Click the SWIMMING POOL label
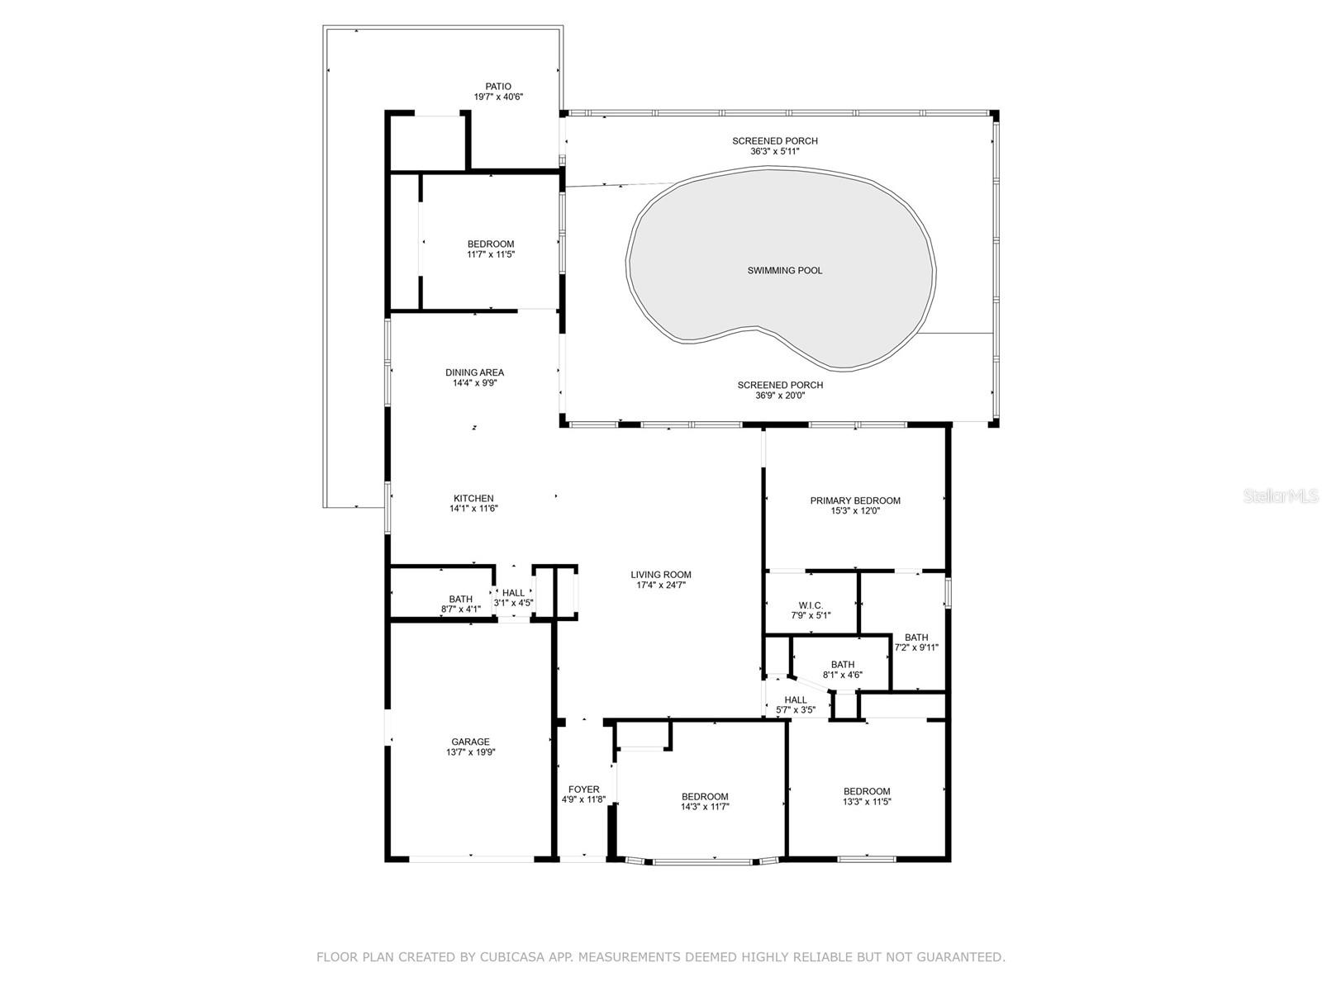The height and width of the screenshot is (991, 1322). [x=784, y=270]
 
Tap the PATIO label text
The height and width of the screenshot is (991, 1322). [x=497, y=86]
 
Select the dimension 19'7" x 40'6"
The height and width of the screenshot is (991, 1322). [x=497, y=97]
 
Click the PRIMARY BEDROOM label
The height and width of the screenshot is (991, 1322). [x=855, y=500]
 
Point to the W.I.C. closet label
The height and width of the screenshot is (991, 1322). [x=811, y=605]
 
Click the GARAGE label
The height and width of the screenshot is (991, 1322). [x=470, y=742]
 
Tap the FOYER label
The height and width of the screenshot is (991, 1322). [x=583, y=789]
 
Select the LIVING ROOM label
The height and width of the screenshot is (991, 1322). [x=660, y=575]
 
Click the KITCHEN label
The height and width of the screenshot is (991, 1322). [x=473, y=498]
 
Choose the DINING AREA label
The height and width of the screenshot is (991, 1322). [x=474, y=372]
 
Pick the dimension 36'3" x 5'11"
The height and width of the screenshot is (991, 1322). [x=774, y=151]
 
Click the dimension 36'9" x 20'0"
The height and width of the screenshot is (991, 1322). [x=780, y=396]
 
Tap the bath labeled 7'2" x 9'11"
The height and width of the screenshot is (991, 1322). [x=916, y=638]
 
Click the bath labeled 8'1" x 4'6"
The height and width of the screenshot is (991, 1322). [x=843, y=665]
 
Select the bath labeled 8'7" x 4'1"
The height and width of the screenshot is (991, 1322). [x=461, y=600]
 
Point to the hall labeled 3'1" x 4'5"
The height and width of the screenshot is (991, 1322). [x=513, y=593]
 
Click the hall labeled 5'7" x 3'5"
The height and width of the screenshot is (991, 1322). [x=796, y=700]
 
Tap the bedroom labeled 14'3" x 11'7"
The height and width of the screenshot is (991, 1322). [x=705, y=797]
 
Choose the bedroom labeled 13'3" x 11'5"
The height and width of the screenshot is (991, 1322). [x=867, y=791]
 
